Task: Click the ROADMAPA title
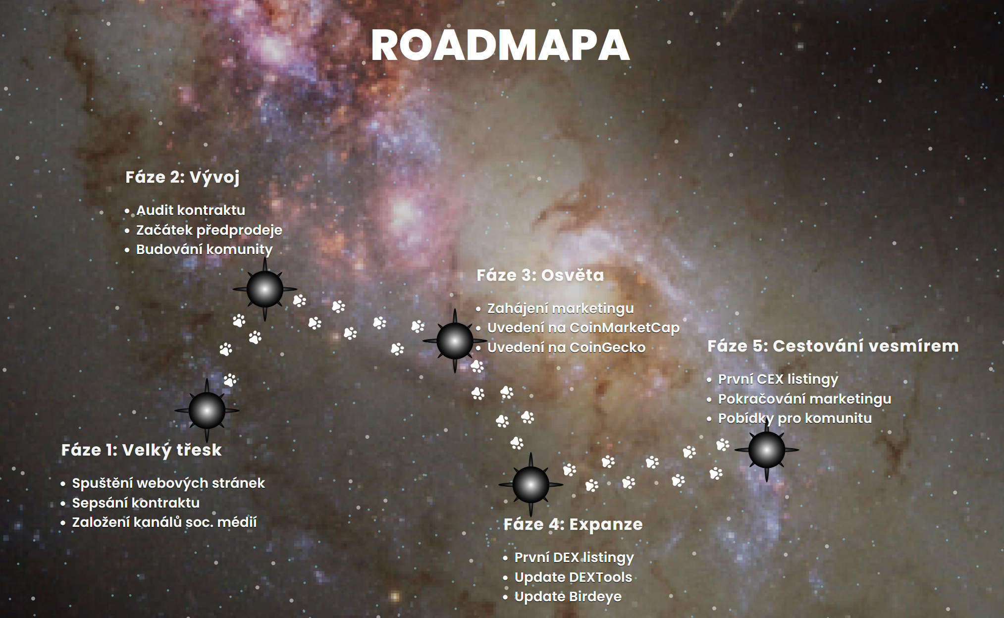click(500, 46)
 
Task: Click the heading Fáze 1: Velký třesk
click(141, 450)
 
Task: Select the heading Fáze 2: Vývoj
click(182, 177)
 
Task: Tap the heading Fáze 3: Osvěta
click(540, 275)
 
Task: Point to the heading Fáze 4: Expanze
click(573, 524)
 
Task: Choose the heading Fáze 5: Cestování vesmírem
click(833, 346)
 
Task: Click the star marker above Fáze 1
click(207, 411)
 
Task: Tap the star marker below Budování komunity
click(264, 289)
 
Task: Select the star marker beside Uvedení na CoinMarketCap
click(455, 341)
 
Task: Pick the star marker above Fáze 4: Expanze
click(530, 484)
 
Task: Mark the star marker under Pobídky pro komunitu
click(766, 450)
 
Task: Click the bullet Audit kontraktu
click(191, 210)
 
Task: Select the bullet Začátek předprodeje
click(209, 230)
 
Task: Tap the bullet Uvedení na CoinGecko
click(566, 348)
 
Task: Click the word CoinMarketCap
click(624, 328)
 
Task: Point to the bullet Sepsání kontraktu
click(136, 503)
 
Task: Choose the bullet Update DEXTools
click(573, 577)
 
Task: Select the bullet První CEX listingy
click(778, 379)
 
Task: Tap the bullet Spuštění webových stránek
click(168, 483)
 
